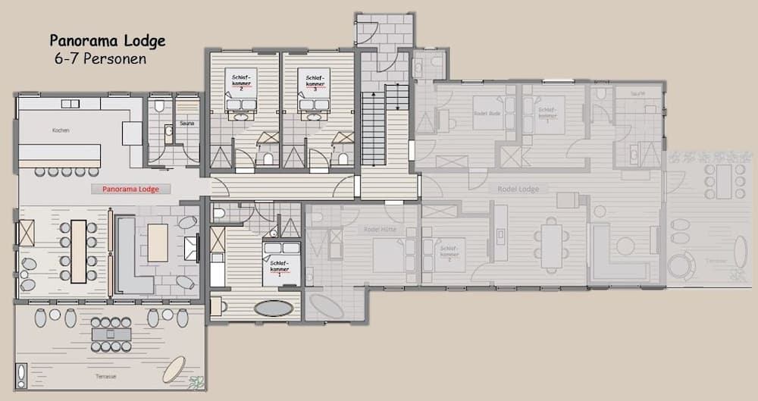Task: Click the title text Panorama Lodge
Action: point(107,40)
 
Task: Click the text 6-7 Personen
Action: point(100,58)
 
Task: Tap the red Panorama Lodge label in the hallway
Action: point(125,189)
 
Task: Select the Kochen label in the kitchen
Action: point(61,130)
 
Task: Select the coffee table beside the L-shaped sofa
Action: point(158,243)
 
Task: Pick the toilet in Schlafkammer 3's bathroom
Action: point(343,158)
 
